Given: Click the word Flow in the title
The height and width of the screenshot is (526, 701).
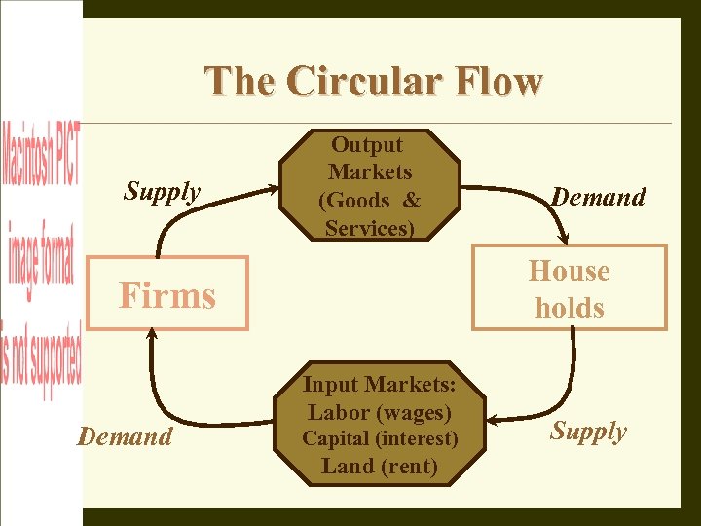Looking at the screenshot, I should pyautogui.click(x=502, y=82).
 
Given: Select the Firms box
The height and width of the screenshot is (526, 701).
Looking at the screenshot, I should pyautogui.click(x=167, y=293).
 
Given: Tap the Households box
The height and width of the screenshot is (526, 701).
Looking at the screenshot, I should pyautogui.click(x=570, y=289).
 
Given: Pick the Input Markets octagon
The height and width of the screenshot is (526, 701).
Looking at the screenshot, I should pyautogui.click(x=379, y=426).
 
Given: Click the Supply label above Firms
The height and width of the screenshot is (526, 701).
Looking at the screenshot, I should pyautogui.click(x=162, y=192).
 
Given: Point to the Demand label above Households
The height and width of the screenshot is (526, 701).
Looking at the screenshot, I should pyautogui.click(x=598, y=197).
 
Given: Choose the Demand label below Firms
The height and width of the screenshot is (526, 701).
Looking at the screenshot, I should pyautogui.click(x=125, y=436).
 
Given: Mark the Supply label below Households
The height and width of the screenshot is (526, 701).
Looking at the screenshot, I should pyautogui.click(x=588, y=432).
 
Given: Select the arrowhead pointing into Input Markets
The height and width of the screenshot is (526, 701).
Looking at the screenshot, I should pyautogui.click(x=494, y=420).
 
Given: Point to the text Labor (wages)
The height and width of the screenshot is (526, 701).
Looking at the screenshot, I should pyautogui.click(x=379, y=413).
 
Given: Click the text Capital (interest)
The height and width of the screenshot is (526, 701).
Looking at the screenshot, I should pyautogui.click(x=379, y=439).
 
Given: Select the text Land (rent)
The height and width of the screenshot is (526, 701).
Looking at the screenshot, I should pyautogui.click(x=379, y=466).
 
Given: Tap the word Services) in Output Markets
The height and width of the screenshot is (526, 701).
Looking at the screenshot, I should pyautogui.click(x=370, y=228).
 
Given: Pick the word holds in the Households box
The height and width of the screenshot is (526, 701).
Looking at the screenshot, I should pyautogui.click(x=570, y=308).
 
